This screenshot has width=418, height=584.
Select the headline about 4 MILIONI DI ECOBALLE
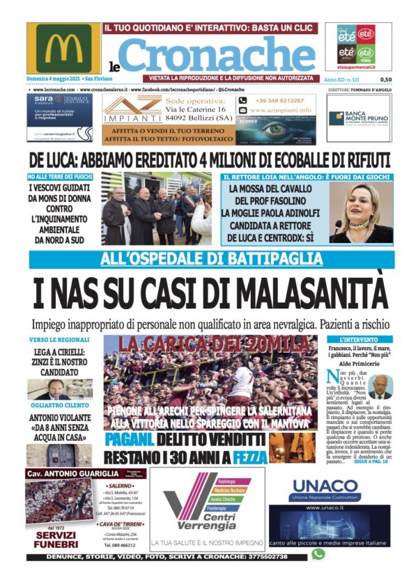click(210, 158)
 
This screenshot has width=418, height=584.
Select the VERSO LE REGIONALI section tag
click(59, 339)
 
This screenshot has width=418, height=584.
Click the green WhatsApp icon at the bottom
click(318, 554)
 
